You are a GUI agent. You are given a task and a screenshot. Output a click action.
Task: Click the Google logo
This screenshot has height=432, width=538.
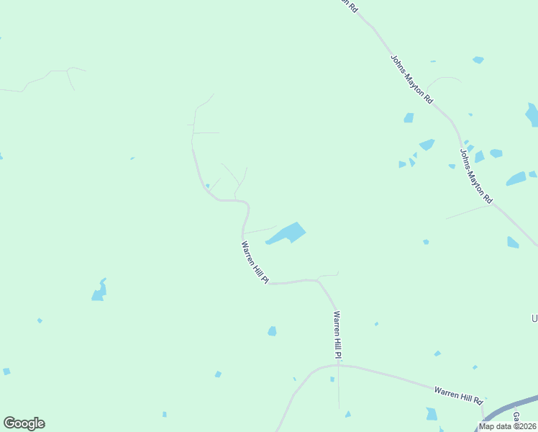24,423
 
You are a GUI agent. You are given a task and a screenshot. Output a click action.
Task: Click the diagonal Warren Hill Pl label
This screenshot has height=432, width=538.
255,262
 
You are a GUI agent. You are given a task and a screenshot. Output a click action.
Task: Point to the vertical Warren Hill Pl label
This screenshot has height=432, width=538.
337,335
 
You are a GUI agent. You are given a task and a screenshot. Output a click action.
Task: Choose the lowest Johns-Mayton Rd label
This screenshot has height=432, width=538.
476,176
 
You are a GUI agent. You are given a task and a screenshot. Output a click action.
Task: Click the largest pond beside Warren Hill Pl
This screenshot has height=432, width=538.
288,233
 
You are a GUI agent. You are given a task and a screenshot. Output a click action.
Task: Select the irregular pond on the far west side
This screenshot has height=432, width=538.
99,290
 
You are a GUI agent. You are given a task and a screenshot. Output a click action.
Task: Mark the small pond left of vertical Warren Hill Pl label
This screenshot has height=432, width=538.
272,331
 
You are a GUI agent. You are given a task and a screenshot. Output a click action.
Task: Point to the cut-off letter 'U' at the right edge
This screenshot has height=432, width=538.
534,318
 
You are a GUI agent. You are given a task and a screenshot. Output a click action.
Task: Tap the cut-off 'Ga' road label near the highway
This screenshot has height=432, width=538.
516,417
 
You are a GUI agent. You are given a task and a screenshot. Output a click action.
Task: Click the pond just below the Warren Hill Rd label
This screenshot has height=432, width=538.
432,414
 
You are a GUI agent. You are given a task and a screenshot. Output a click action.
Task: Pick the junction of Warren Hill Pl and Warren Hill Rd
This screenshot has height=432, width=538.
338,366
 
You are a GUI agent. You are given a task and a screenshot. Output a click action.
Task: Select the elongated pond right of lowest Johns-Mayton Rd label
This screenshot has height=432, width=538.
516,179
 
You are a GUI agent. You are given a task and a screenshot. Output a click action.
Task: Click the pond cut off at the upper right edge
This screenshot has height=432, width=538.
532,114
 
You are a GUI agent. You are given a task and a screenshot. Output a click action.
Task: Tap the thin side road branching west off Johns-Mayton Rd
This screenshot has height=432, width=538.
468,212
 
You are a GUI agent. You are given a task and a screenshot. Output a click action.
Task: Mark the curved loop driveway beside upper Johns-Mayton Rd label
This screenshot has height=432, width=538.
444,79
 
